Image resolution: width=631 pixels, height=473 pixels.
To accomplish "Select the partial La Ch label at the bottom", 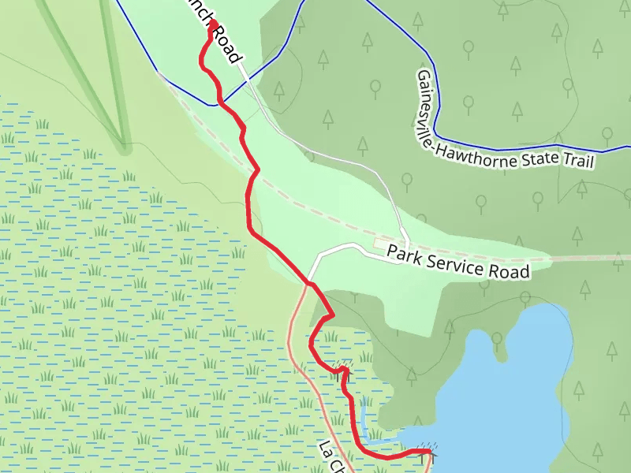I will coord(332,458).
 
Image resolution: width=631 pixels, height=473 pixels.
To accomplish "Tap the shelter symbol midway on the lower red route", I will coord(342,368).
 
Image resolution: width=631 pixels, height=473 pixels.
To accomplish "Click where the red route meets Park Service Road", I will coord(310,282).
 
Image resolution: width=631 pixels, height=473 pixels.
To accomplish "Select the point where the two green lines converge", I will coord(125,147).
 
